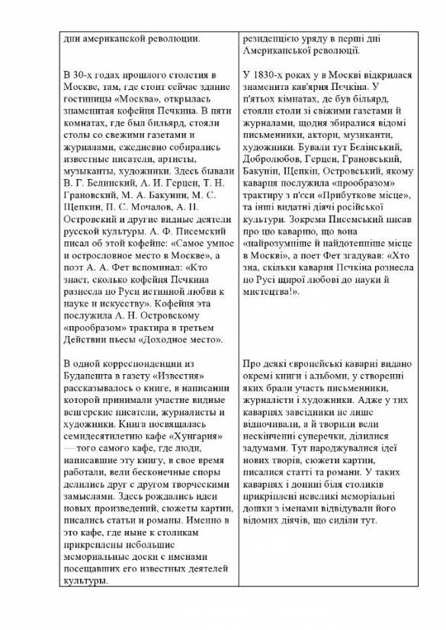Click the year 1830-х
pyautogui.click(x=274, y=75)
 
